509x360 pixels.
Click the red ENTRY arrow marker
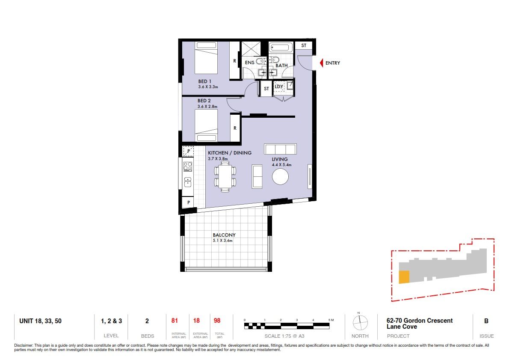321,62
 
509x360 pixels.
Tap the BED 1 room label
205,81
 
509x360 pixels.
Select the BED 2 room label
204,101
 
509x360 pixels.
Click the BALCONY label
224,235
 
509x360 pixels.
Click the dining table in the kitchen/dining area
225,176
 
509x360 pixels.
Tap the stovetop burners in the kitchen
188,167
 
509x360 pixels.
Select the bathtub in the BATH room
280,48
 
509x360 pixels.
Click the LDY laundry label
278,86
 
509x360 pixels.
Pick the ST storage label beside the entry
304,45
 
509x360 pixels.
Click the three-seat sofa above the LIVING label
281,149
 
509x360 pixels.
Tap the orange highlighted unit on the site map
404,277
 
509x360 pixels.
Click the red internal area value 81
175,321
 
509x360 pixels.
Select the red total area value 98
217,321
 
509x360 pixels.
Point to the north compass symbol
360,323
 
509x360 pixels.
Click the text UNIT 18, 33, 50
40,321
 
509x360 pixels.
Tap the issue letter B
486,321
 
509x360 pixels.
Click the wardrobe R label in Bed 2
235,128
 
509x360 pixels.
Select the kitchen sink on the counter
188,182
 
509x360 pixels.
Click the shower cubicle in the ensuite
251,49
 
